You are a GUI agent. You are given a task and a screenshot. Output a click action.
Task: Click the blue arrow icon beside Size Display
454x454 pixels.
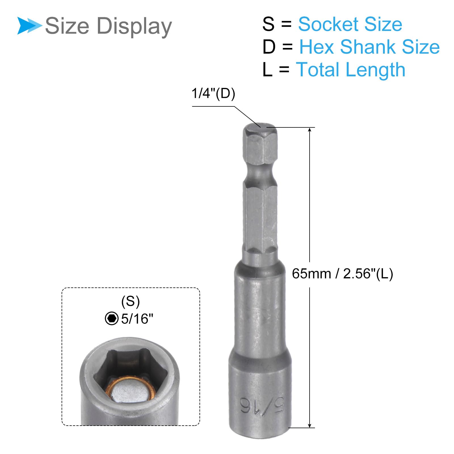29,26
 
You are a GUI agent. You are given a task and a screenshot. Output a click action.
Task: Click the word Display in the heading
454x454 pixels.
134,26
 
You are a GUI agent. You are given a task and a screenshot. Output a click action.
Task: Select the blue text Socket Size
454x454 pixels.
350,24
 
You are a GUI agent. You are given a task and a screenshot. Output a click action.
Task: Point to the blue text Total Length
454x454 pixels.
351,70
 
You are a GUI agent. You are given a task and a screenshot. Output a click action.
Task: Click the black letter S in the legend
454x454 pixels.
268,24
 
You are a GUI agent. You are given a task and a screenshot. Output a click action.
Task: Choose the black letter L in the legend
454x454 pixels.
267,70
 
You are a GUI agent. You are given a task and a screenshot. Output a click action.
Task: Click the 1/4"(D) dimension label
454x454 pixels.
213,93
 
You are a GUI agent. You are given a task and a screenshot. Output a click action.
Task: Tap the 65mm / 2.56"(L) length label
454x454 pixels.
342,274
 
